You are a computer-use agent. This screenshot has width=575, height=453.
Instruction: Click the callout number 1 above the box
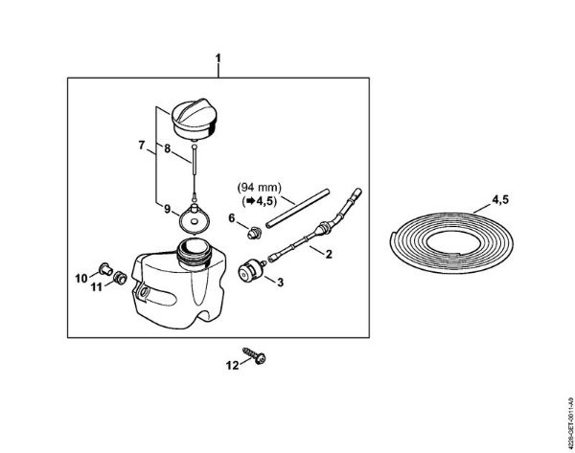pos(218,58)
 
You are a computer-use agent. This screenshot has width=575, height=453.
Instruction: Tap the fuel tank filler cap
pos(195,119)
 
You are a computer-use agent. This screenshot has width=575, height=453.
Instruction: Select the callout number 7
pos(142,146)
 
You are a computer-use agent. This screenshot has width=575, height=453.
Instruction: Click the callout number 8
pos(167,148)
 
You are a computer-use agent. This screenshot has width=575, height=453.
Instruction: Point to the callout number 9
pos(167,210)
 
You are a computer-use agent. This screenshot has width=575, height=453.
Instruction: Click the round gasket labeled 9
pos(194,219)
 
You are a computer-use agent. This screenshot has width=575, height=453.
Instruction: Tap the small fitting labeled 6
pos(254,233)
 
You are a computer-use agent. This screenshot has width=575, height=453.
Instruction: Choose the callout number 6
pos(231,218)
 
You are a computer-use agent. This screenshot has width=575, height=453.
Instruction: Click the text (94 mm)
pos(260,188)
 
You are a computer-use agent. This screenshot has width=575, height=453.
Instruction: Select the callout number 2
pos(329,254)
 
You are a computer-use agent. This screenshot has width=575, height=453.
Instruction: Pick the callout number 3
pos(280,283)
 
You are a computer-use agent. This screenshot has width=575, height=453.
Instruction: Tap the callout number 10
pos(81,279)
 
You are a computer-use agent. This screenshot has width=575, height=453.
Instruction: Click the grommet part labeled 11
pos(120,278)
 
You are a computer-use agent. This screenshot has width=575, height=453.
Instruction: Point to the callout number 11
pos(97,287)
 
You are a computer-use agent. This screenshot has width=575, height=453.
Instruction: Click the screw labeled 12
pos(255,356)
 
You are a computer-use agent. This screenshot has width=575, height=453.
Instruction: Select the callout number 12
pos(232,366)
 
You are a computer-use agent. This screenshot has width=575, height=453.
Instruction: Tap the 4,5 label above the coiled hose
pos(500,200)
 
